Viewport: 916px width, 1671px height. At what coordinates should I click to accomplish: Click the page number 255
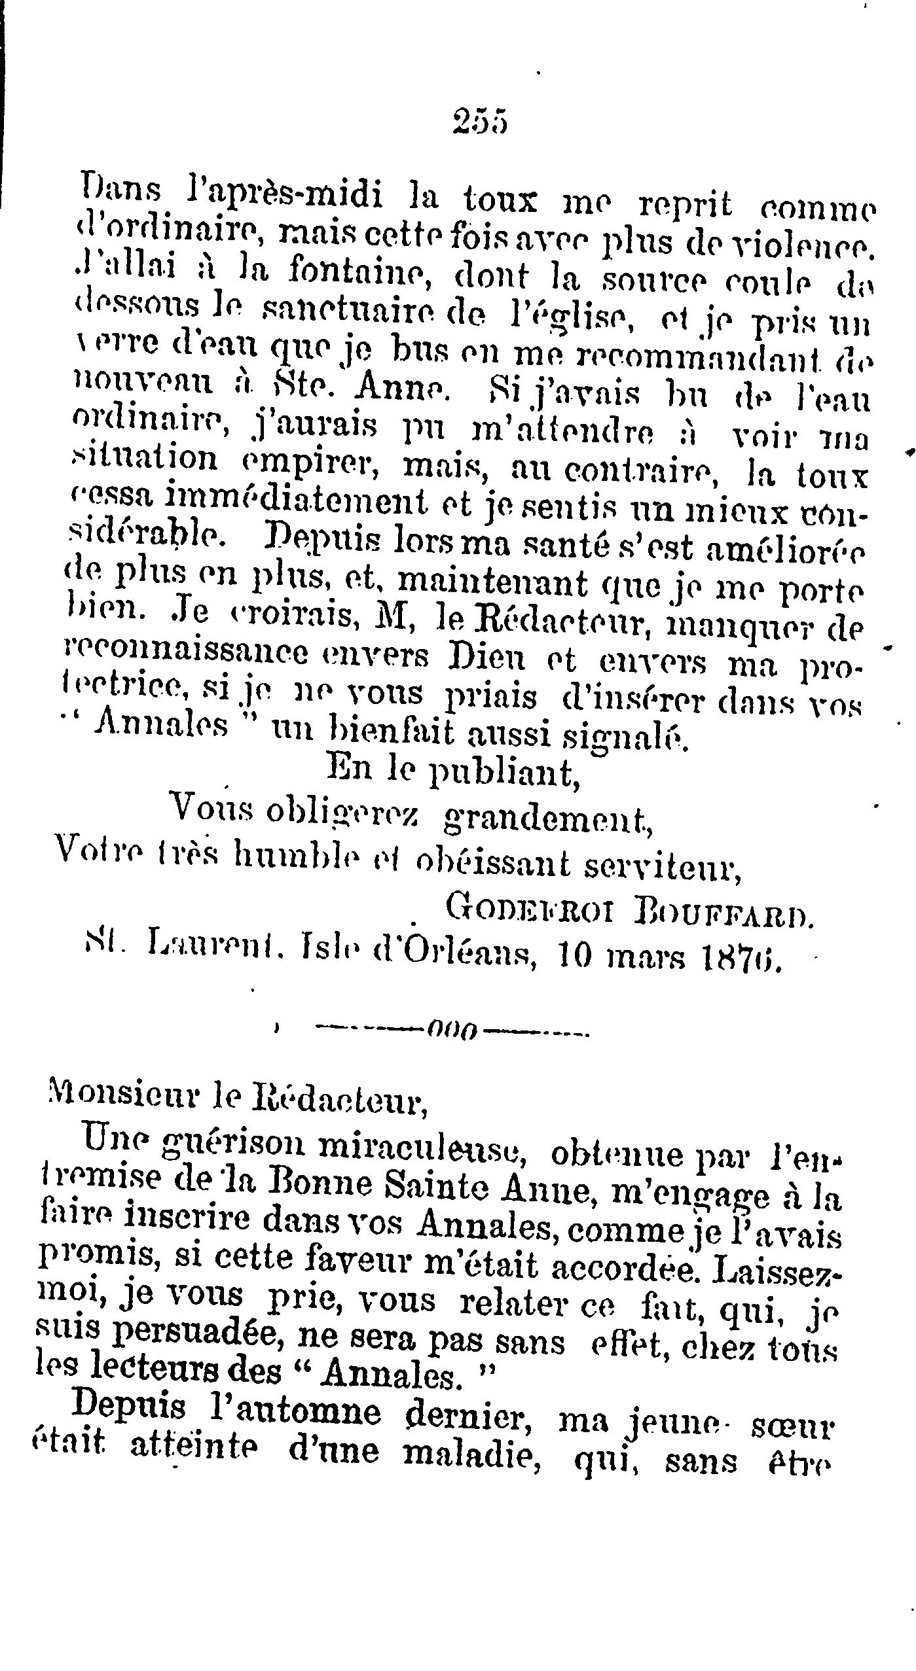tap(480, 121)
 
